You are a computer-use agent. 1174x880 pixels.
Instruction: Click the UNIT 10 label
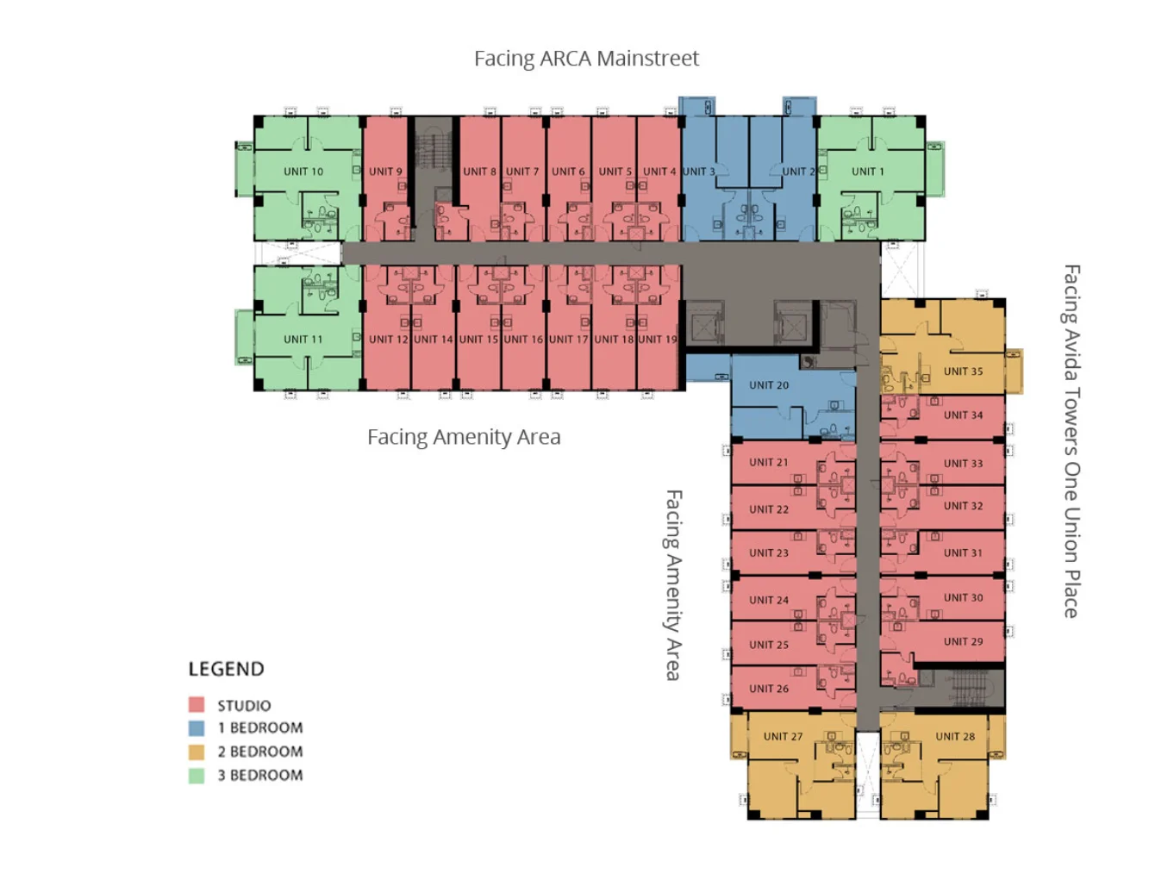click(303, 172)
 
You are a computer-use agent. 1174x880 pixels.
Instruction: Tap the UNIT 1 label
click(867, 172)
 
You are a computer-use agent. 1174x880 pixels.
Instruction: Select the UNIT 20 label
click(769, 385)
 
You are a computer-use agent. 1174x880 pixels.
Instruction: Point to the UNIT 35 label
click(963, 371)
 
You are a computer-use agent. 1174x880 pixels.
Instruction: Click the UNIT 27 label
click(783, 736)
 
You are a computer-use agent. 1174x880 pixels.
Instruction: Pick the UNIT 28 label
click(955, 736)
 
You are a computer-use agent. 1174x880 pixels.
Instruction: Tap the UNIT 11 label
click(303, 339)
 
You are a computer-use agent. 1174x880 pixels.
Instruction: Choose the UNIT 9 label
click(385, 172)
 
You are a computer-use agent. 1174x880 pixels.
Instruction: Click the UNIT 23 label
click(769, 552)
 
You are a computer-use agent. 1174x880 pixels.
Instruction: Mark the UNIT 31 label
click(963, 552)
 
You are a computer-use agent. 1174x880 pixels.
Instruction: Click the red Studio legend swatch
click(197, 704)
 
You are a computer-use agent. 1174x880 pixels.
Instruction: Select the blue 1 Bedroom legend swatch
click(197, 727)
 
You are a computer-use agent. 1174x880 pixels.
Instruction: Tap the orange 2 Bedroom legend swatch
click(197, 752)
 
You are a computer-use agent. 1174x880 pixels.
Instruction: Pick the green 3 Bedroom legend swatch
click(197, 775)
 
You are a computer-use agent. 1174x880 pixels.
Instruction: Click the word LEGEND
click(226, 669)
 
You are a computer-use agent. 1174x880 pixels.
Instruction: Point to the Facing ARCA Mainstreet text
click(586, 59)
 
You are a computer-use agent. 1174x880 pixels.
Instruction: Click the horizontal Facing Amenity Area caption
click(464, 437)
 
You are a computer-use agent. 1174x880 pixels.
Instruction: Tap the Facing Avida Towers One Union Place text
click(1071, 441)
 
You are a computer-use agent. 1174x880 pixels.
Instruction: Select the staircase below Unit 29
click(968, 688)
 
